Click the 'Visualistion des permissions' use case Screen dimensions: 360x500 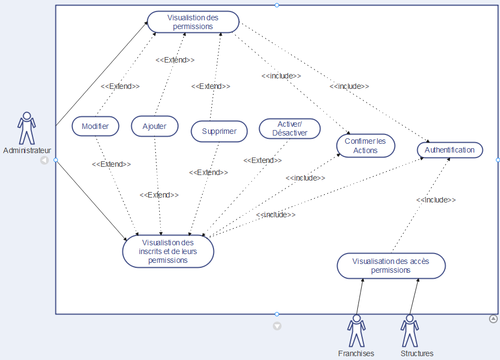(x=193, y=22)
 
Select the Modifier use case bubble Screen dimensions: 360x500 (x=95, y=126)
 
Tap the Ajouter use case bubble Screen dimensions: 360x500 (x=155, y=126)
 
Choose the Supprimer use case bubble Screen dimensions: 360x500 (x=219, y=132)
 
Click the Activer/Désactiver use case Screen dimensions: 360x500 (x=289, y=128)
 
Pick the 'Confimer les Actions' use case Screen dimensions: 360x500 (x=365, y=146)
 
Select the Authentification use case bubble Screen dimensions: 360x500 (x=450, y=150)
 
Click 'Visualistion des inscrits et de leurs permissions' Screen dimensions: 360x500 (x=168, y=251)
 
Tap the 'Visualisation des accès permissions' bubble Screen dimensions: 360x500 (x=391, y=266)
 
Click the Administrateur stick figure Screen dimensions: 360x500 (x=26, y=128)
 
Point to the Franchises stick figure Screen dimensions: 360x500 (x=356, y=330)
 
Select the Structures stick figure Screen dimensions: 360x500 (x=409, y=330)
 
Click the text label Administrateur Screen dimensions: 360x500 (x=27, y=150)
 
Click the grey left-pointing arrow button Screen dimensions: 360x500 (x=44, y=160)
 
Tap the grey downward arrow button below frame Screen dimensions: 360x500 (x=277, y=326)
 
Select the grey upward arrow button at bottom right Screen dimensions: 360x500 (x=493, y=318)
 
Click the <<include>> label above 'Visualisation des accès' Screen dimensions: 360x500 (x=436, y=200)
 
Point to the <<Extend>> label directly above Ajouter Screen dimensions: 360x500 (x=175, y=60)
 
